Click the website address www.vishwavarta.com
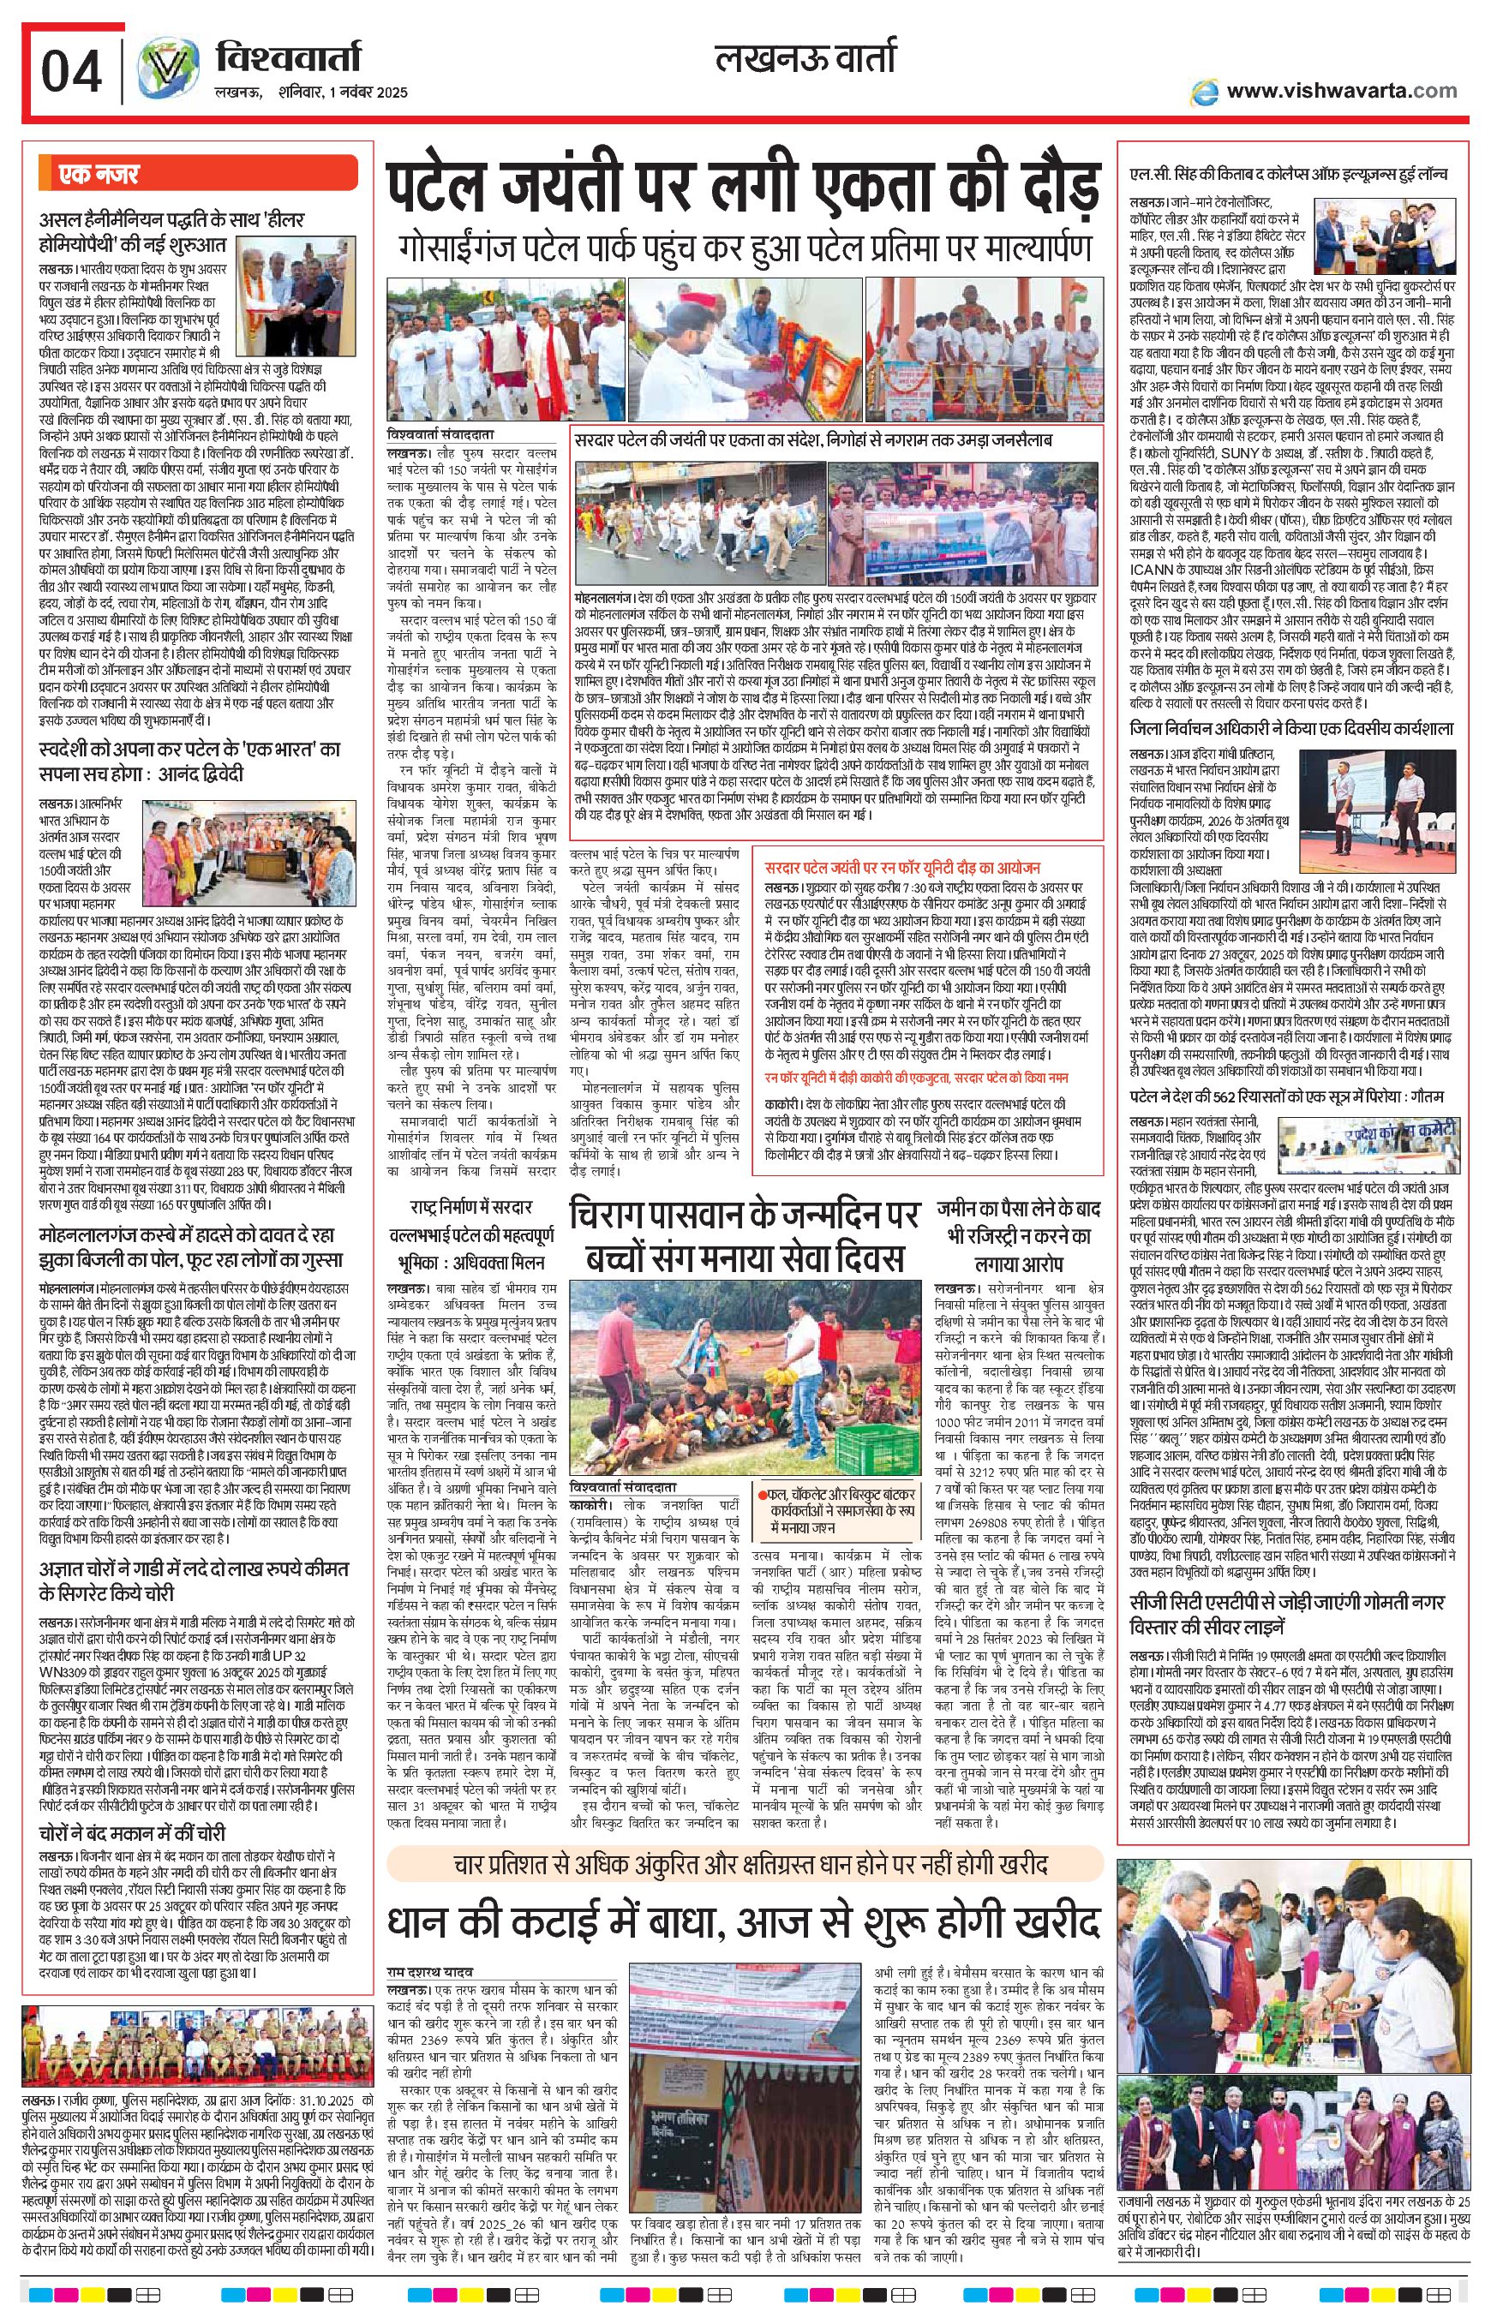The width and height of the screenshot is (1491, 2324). click(1341, 91)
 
